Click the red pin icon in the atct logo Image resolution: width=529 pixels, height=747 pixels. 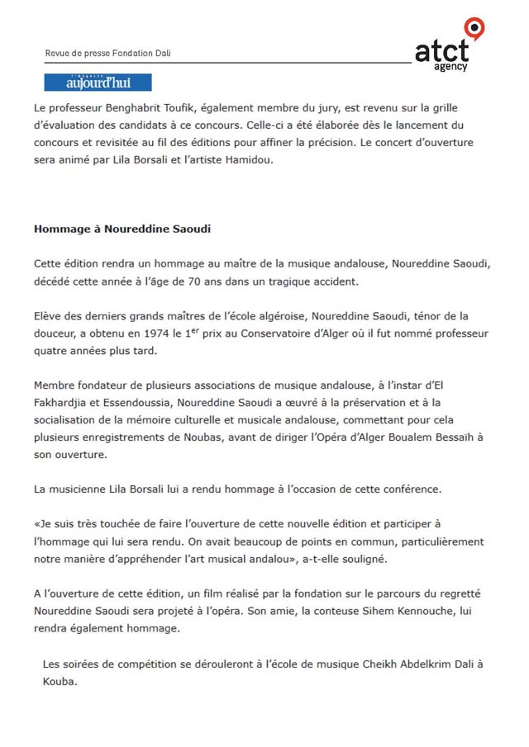pos(474,28)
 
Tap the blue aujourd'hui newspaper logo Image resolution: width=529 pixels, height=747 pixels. pos(98,83)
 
